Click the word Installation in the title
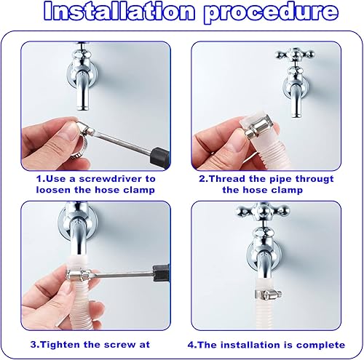click(x=119, y=11)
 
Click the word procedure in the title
click(x=271, y=12)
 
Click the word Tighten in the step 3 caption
click(x=59, y=345)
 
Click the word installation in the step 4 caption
click(x=253, y=345)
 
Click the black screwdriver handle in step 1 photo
click(x=160, y=156)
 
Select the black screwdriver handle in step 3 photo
click(x=161, y=273)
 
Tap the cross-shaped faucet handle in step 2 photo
click(x=295, y=55)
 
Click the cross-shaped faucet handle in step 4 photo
click(x=263, y=209)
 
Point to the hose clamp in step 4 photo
click(x=268, y=294)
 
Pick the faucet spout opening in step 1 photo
click(x=82, y=108)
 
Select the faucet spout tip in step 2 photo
click(x=296, y=115)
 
